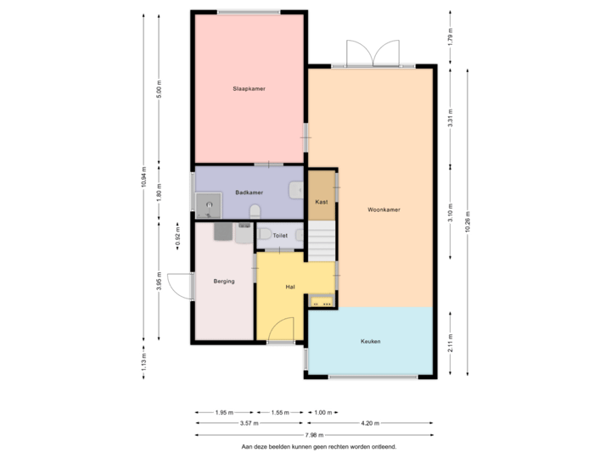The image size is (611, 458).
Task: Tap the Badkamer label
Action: coord(249,193)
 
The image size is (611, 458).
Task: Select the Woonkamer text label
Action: coord(384,209)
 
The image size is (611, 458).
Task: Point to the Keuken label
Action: coord(370,342)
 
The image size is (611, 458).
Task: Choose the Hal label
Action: coord(290,287)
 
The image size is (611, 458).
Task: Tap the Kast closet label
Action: coord(322,202)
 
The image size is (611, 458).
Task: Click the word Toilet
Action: coord(281,235)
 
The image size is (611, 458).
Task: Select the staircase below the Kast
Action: coord(322,241)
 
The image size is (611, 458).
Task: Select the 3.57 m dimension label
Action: coord(249,422)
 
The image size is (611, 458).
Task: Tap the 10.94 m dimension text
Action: coord(144,176)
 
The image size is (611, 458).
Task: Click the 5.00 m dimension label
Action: coord(159,89)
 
